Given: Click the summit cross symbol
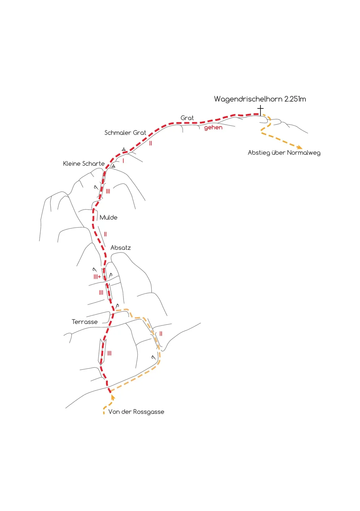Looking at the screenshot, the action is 260,111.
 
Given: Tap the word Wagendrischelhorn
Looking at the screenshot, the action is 248,99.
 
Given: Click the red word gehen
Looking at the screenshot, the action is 213,128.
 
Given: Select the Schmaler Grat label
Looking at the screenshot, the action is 125,133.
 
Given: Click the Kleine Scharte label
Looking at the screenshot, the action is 84,164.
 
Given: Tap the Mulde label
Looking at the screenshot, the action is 108,217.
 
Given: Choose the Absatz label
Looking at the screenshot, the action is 120,248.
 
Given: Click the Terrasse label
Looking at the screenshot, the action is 85,322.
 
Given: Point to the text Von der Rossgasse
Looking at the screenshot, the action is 136,412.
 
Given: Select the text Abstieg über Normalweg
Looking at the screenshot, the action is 284,153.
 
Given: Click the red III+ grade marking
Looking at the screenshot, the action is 97,277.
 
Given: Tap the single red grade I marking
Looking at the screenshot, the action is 123,161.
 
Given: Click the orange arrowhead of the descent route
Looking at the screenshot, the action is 300,147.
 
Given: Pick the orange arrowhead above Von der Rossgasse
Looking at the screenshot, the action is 112,398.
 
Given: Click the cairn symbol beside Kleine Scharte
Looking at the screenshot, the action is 113,166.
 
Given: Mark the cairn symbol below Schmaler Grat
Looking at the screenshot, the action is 124,149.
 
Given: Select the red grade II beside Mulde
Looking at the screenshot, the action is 105,234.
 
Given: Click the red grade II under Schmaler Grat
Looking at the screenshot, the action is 150,143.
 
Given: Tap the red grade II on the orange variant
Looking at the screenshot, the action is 161,334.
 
